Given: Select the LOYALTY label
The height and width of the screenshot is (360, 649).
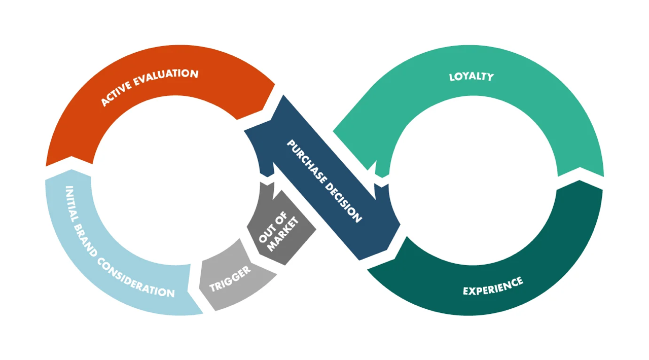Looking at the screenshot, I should (471, 77).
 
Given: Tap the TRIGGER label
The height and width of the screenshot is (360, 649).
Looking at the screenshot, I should (230, 279).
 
